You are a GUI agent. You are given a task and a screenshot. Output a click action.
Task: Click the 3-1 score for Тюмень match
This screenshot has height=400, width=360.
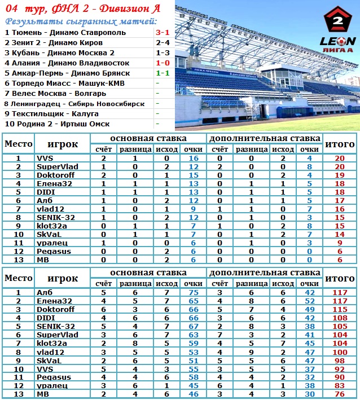[x=163, y=33]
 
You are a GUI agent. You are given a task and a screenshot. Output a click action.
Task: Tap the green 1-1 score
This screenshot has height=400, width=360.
[x=163, y=73]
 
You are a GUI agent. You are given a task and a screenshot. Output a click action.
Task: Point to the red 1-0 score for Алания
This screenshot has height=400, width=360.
[x=163, y=63]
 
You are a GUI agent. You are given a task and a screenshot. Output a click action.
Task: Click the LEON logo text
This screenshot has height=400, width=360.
[x=337, y=41]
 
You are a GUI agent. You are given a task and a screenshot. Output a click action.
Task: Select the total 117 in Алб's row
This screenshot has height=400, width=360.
[x=340, y=293]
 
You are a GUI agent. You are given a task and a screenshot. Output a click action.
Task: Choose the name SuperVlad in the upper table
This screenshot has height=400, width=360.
[x=57, y=167]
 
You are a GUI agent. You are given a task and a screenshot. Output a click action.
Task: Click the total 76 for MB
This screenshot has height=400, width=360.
[x=340, y=394]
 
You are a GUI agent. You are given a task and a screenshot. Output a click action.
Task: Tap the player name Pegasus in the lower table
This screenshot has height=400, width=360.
[x=52, y=377]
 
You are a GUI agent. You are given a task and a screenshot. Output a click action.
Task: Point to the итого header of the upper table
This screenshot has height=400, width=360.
[x=340, y=144]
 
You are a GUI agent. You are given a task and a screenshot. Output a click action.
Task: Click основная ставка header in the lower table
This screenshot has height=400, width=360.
[x=148, y=273]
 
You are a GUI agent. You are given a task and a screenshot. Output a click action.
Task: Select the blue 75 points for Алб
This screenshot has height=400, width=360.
[x=193, y=293]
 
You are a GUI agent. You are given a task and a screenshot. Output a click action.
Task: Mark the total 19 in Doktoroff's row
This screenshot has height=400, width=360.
[x=340, y=175]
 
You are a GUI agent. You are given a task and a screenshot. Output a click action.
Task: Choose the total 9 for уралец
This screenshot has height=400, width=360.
[x=340, y=243]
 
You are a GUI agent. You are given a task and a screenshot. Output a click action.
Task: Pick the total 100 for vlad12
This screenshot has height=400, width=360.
[x=340, y=352]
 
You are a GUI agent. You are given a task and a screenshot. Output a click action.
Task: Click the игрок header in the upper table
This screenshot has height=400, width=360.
[x=62, y=144]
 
